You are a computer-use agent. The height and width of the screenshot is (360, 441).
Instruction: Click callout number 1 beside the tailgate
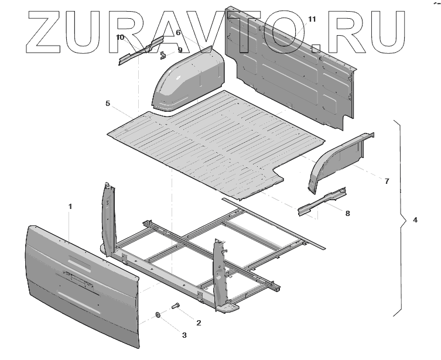coord(70,207)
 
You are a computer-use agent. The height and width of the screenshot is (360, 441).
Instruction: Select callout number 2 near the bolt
coord(199,323)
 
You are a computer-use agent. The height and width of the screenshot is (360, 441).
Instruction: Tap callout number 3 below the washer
coord(184,335)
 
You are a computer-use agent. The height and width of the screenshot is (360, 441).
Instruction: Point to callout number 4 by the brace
coord(415,220)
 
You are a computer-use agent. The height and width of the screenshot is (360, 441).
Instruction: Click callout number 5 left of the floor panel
coord(108,104)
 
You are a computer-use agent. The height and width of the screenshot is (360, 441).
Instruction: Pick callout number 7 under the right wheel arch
coord(387,181)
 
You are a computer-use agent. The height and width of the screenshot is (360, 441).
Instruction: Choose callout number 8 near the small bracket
coord(347,213)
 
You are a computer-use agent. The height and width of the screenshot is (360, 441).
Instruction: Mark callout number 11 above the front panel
coord(312,19)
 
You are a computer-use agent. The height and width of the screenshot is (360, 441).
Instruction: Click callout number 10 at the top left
coord(120,37)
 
